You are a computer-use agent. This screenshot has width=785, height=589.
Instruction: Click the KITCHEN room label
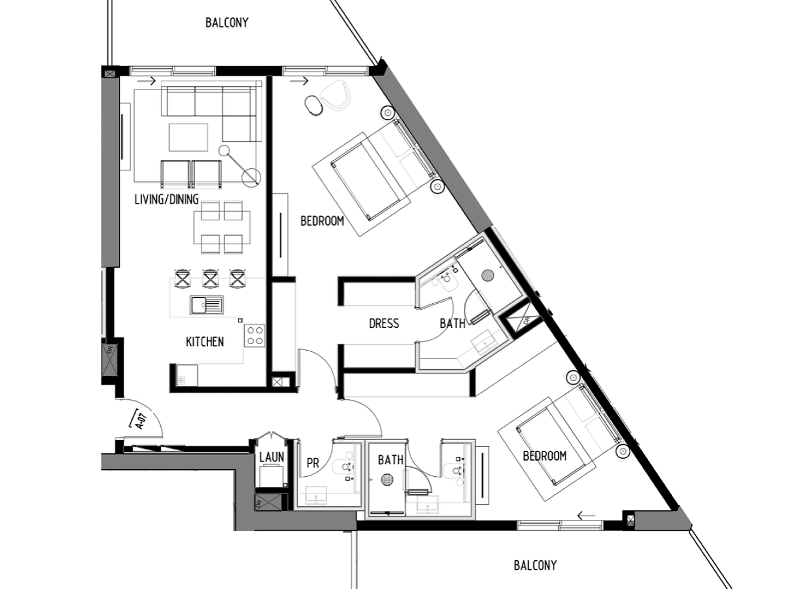(205, 342)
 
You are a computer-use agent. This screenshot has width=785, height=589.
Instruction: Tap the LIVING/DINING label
(166, 199)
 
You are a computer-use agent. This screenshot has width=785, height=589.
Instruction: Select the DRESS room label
(383, 323)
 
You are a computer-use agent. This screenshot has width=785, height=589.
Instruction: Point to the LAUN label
(272, 457)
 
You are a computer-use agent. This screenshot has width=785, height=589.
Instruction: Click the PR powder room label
(313, 463)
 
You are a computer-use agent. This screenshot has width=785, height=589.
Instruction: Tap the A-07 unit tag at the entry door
(141, 420)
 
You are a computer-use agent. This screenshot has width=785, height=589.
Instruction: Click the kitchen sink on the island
(206, 305)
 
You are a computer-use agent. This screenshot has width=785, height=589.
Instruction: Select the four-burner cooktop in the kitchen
(255, 336)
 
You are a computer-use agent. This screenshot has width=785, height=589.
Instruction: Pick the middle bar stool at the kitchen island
(210, 278)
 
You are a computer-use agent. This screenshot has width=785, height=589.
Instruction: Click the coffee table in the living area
(188, 137)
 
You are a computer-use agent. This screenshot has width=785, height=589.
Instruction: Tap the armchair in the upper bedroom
(335, 94)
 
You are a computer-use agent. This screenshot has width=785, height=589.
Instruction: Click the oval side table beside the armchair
(314, 105)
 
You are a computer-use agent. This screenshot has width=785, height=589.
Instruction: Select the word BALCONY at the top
(227, 23)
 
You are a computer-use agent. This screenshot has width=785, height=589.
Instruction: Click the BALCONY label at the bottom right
(535, 566)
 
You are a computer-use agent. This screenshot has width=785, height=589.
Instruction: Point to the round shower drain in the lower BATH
(386, 480)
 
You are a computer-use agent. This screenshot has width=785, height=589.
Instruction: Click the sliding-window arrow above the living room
(146, 81)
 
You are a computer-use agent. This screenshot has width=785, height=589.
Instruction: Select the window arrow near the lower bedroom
(586, 516)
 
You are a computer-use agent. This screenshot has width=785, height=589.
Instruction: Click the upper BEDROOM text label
(322, 221)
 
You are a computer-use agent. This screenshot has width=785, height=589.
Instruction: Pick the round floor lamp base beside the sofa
(251, 177)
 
